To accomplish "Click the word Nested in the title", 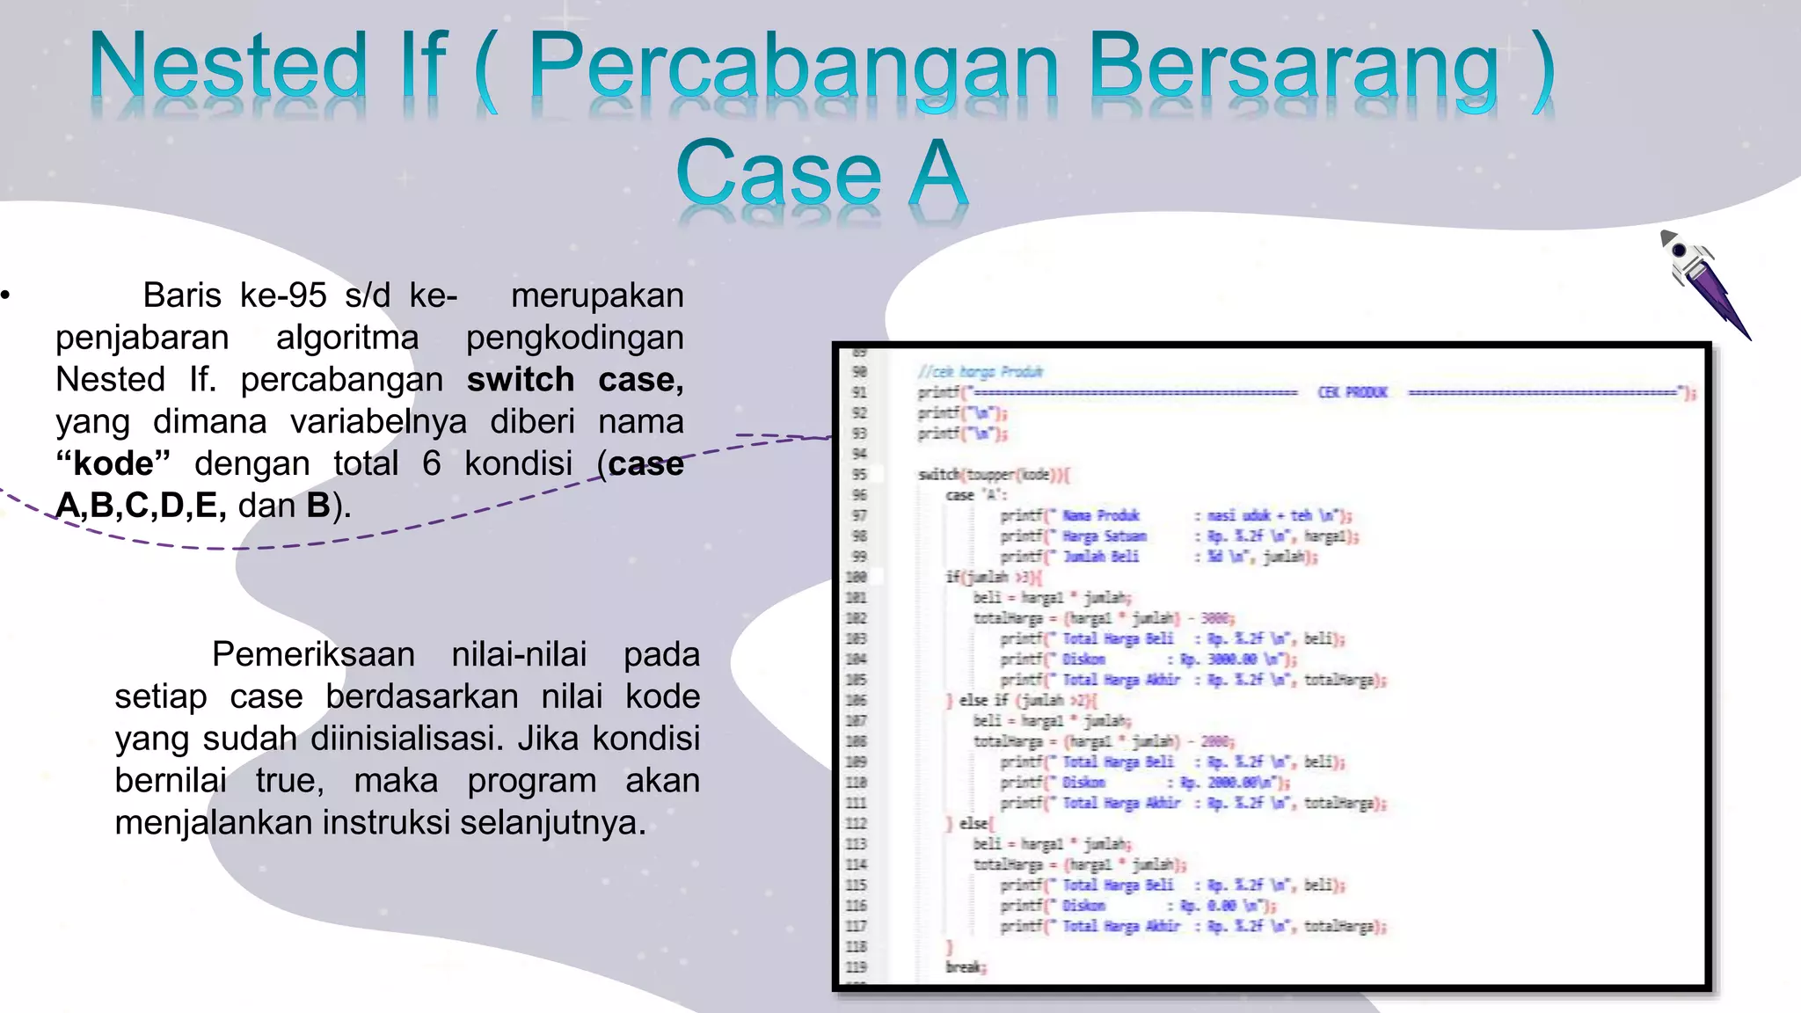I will click(228, 67).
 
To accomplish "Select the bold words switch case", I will click(574, 380).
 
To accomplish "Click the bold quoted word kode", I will click(113, 463).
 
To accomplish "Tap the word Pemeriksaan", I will click(313, 654).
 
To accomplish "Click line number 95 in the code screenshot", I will click(859, 475).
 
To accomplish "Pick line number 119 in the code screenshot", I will click(857, 967).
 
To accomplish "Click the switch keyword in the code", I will click(938, 475).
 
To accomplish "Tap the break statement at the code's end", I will click(966, 967).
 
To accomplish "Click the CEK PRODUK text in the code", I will click(1352, 392).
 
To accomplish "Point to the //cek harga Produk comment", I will click(979, 372).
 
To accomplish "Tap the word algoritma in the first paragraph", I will click(347, 338).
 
